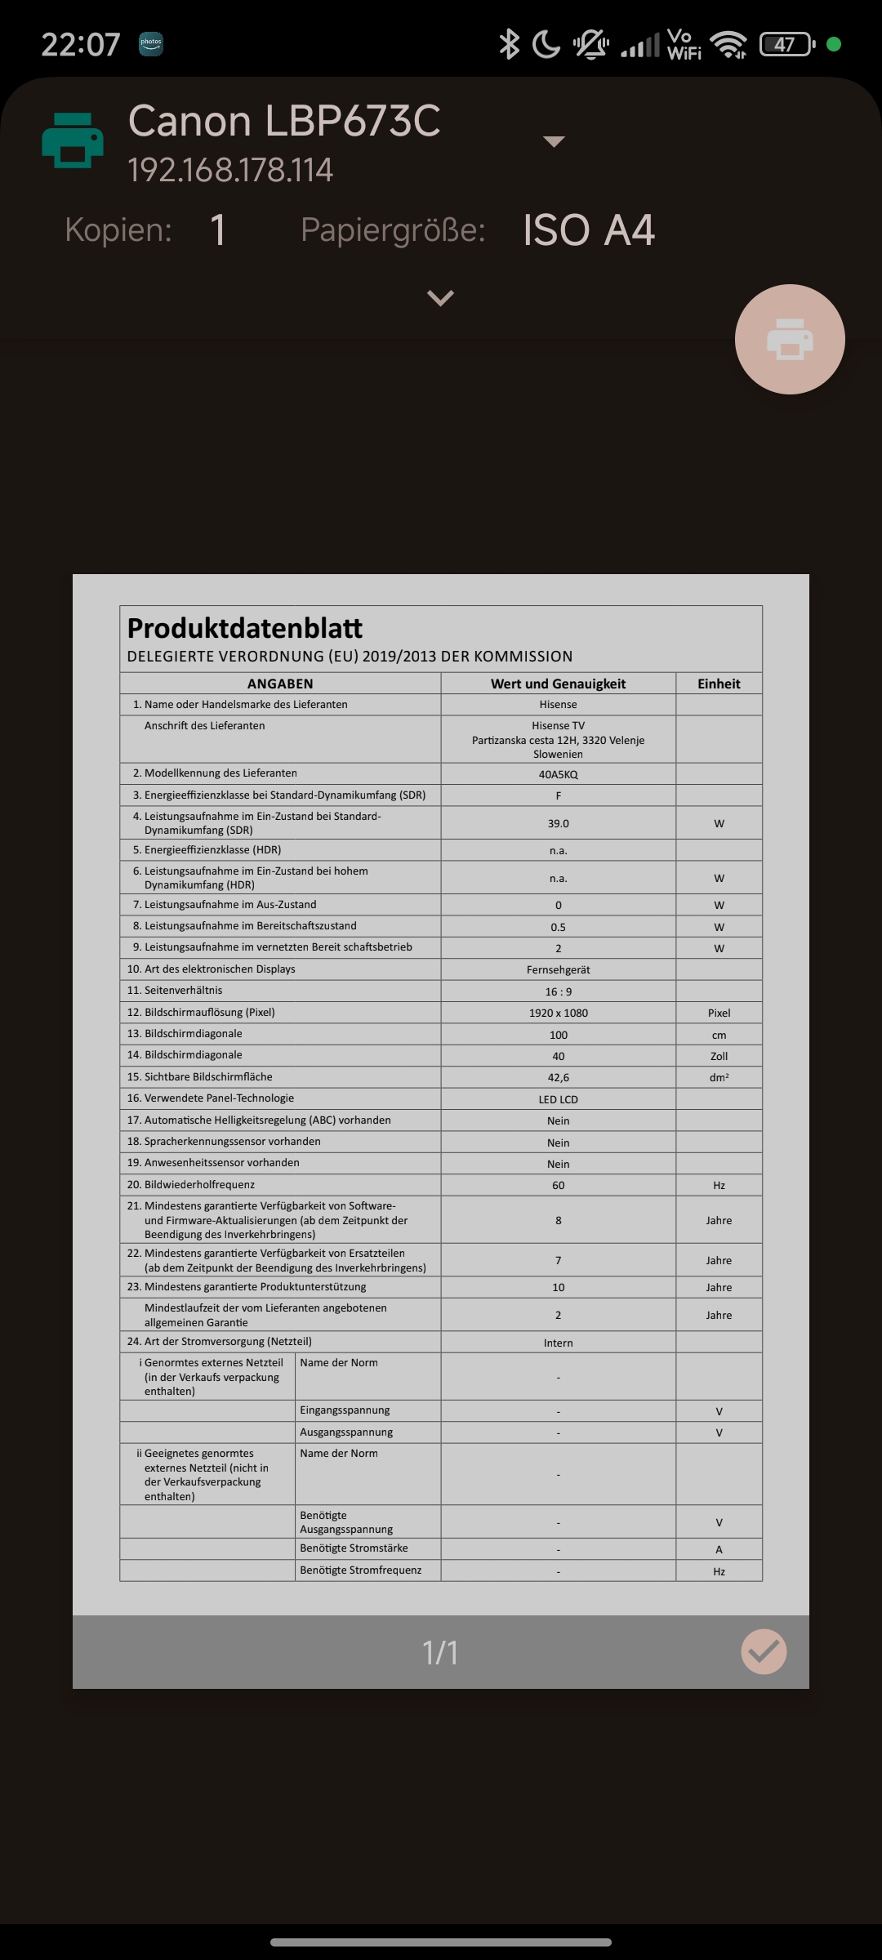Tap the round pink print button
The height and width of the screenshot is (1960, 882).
[790, 339]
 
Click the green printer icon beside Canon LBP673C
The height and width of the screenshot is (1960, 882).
[73, 141]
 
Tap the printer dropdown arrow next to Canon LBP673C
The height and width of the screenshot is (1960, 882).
[554, 141]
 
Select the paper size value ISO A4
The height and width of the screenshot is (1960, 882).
[588, 230]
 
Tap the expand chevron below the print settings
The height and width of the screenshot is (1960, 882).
[440, 298]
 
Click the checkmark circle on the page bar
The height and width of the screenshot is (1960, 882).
[764, 1651]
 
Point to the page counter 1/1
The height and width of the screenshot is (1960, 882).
[440, 1652]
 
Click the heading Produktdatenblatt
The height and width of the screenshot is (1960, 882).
[245, 628]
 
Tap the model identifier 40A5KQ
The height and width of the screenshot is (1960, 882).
[558, 774]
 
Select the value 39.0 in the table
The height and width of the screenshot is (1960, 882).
[558, 823]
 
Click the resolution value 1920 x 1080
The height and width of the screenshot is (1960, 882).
[558, 1013]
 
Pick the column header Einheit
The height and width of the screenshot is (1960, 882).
[719, 684]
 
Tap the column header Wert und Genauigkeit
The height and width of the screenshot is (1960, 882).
[558, 684]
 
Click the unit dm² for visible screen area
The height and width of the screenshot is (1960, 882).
[719, 1077]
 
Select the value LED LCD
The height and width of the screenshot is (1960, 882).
[558, 1099]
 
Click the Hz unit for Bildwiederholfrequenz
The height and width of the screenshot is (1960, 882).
[719, 1185]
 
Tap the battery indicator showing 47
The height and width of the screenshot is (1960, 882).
[786, 44]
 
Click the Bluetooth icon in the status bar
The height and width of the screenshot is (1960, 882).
[510, 44]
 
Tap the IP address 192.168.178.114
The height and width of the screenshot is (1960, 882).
[230, 171]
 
